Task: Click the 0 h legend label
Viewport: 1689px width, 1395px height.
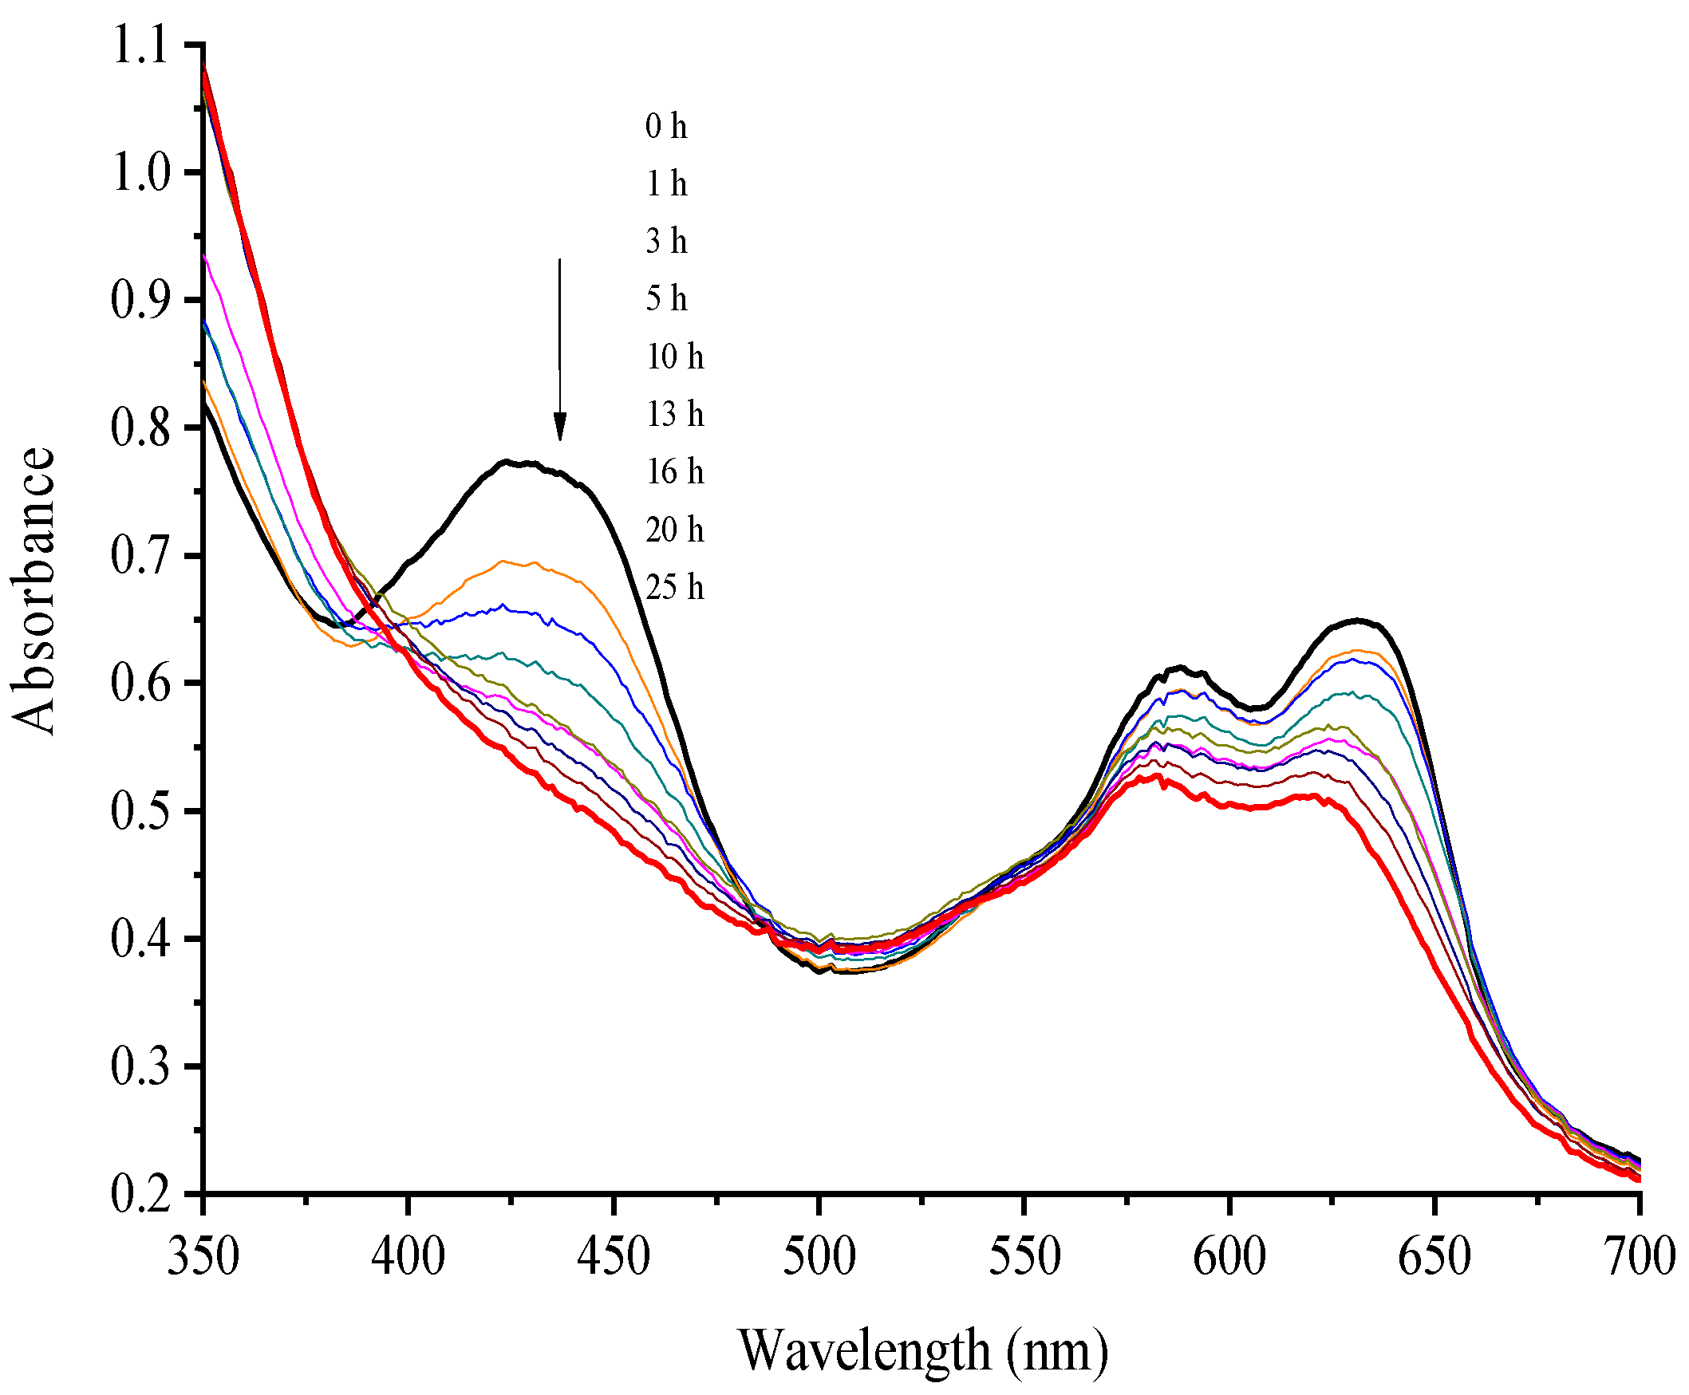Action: pos(665,127)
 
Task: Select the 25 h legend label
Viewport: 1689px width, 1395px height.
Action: pos(674,588)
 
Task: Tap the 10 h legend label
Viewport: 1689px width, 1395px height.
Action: pos(674,357)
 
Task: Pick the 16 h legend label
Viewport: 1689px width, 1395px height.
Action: pos(674,472)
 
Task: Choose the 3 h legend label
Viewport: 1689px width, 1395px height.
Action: pos(665,242)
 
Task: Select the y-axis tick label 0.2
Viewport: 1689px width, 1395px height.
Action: pos(140,1195)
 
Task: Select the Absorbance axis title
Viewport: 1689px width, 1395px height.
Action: pos(34,591)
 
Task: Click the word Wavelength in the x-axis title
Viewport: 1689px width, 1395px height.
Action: pos(863,1350)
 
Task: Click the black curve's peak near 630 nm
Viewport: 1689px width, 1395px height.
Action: pos(1357,621)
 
